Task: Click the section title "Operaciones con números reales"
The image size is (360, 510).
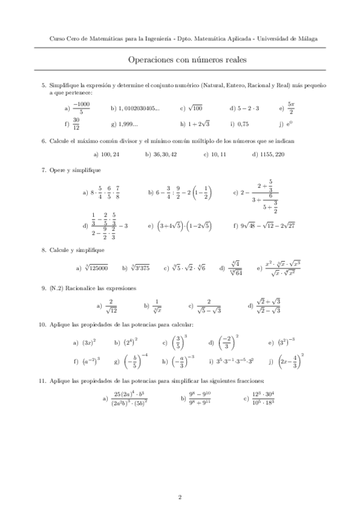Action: (x=180, y=60)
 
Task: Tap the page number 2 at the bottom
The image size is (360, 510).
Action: (x=180, y=497)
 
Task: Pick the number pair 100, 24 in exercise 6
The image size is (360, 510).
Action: (x=110, y=155)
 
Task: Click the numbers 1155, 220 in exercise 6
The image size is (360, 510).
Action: (x=272, y=155)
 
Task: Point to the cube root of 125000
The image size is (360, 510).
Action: (x=96, y=268)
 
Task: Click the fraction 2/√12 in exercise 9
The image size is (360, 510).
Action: (x=110, y=306)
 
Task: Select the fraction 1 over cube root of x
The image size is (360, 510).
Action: (x=158, y=306)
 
